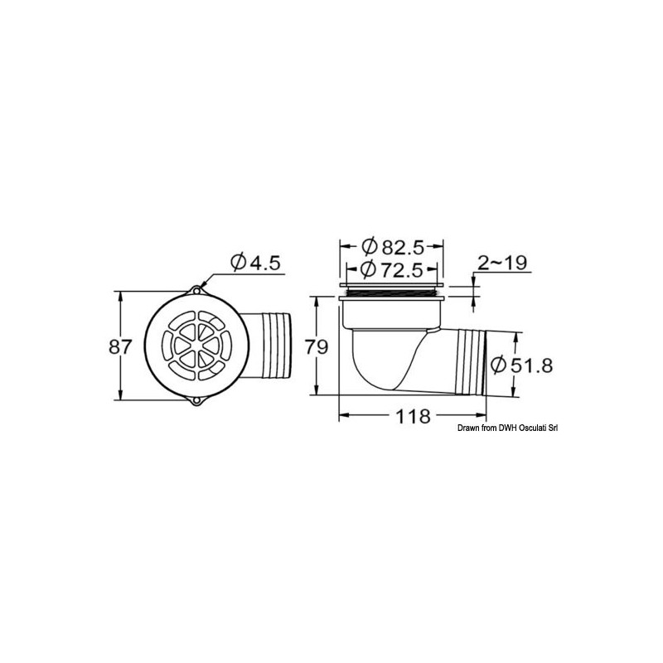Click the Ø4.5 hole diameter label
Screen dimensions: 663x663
[x=255, y=263]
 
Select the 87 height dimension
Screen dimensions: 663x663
[x=121, y=346]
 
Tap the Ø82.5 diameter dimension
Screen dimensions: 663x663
[x=393, y=247]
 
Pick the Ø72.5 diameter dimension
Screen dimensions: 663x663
[x=393, y=269]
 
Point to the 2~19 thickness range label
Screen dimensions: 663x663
[x=502, y=263]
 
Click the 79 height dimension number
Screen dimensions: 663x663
[x=317, y=346]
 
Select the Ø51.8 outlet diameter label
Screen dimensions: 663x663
[x=522, y=365]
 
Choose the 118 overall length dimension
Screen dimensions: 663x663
[x=412, y=417]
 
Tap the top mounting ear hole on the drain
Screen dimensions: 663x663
[x=196, y=291]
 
